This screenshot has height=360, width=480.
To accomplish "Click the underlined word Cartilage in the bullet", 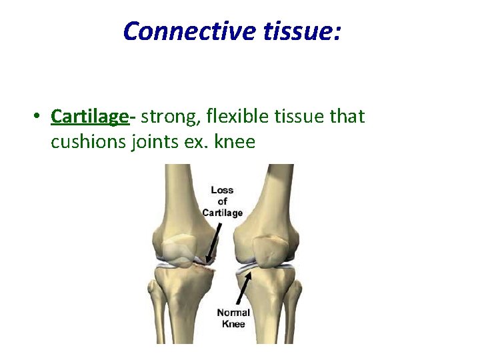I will [89, 117].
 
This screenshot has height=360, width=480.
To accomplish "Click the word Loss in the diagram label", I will [222, 190].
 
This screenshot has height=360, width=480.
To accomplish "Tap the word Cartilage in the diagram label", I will [223, 213].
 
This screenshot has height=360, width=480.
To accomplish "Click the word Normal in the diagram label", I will [233, 312].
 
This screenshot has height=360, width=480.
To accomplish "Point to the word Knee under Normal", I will [233, 323].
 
